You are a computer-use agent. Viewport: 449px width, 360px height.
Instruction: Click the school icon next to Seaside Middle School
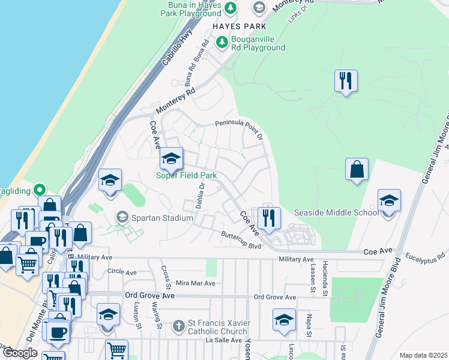click(389, 201)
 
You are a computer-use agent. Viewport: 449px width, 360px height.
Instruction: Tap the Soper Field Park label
click(186, 175)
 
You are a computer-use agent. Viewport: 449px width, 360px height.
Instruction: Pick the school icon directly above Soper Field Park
click(171, 159)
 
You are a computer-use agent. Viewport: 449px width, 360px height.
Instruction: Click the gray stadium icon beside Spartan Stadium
click(122, 217)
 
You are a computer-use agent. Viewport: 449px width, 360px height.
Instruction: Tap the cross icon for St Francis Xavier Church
click(178, 326)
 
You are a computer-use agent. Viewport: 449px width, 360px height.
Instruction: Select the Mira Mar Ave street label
click(195, 283)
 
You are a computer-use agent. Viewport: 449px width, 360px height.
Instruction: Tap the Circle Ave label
click(119, 271)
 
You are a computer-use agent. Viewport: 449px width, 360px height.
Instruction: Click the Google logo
click(20, 353)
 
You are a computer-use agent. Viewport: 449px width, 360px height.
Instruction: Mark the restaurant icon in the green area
click(345, 81)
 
